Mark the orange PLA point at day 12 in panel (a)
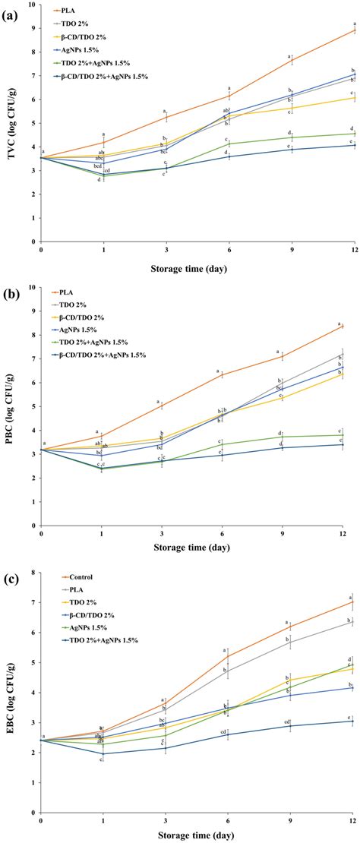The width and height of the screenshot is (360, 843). pyautogui.click(x=352, y=31)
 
